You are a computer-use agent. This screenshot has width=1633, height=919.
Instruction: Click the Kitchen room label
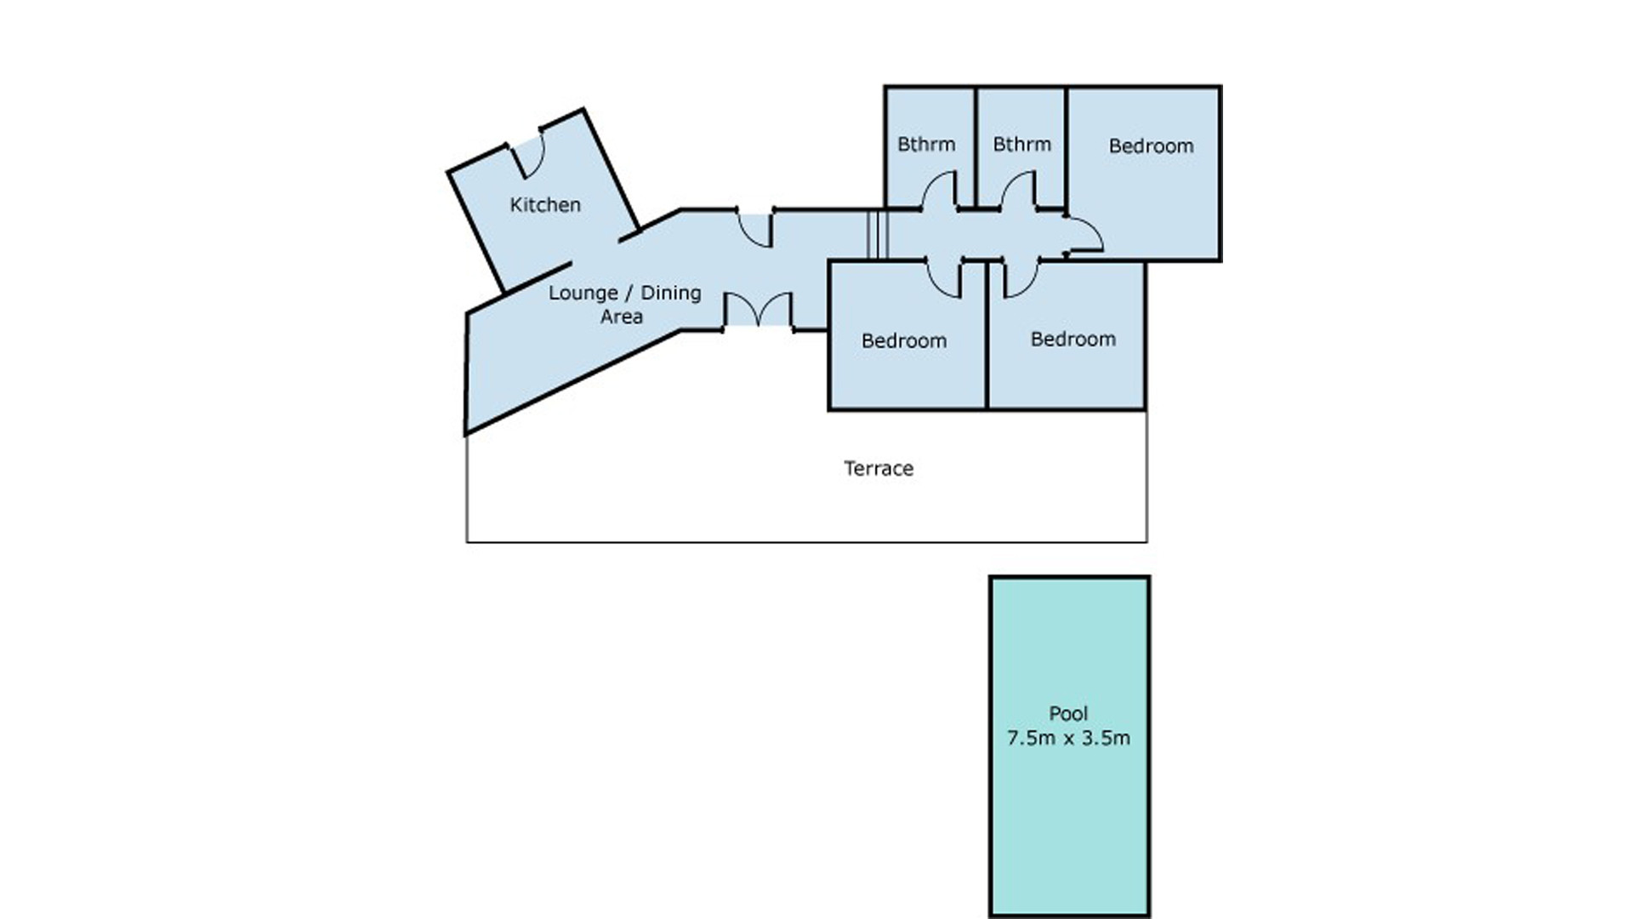click(545, 204)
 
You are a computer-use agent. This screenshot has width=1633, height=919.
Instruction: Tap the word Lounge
click(583, 294)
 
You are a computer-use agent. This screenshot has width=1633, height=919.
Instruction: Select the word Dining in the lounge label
click(671, 294)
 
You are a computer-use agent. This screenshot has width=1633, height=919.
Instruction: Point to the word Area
click(622, 317)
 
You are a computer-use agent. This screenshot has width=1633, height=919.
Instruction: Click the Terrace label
click(879, 468)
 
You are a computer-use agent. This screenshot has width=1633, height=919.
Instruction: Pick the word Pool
click(1068, 714)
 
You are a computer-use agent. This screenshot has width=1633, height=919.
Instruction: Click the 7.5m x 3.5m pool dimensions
click(1068, 738)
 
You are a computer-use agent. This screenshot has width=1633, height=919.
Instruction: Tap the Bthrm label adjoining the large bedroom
click(1021, 144)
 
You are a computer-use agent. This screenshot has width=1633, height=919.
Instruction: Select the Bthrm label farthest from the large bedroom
click(926, 144)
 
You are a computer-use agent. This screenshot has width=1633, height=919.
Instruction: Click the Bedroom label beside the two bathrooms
click(1151, 146)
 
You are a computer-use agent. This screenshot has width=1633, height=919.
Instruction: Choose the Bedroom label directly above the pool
click(1073, 339)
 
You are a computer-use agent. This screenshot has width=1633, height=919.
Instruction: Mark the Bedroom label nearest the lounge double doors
click(903, 340)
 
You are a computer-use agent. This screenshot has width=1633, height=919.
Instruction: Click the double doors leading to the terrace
click(758, 310)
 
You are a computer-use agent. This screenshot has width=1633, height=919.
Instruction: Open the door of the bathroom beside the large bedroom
click(1018, 190)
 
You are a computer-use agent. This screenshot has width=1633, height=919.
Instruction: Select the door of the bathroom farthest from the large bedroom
click(939, 190)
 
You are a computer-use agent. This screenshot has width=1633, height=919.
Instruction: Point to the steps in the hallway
click(878, 234)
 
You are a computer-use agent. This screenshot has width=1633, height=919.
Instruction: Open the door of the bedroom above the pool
click(1021, 278)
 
